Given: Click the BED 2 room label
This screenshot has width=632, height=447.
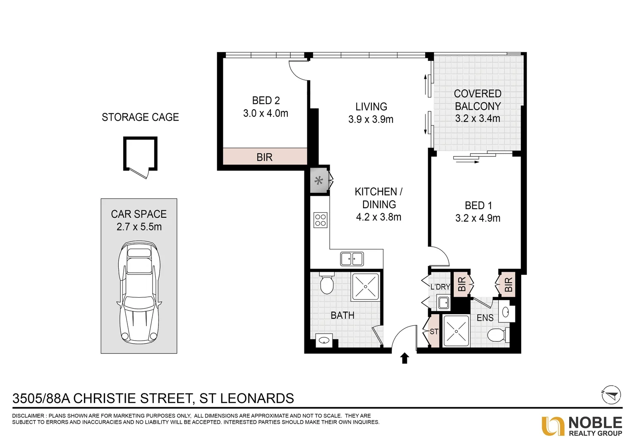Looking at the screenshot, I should pyautogui.click(x=266, y=101).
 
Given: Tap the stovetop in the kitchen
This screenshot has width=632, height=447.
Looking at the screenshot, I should pyautogui.click(x=321, y=220).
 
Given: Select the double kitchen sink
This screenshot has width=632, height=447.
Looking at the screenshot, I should pyautogui.click(x=352, y=259).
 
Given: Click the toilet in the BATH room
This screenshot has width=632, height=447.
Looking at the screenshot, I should pyautogui.click(x=326, y=283).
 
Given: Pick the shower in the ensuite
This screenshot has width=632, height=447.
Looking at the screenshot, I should pyautogui.click(x=456, y=331).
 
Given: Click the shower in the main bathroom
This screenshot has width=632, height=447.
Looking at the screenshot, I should pyautogui.click(x=365, y=286).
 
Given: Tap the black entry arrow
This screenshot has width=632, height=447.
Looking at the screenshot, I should pyautogui.click(x=405, y=358).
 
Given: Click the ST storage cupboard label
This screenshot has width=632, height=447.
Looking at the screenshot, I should pyautogui.click(x=434, y=332).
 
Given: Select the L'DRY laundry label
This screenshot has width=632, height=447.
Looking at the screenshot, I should pyautogui.click(x=440, y=287).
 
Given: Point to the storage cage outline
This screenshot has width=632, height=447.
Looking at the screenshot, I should pyautogui.click(x=140, y=154).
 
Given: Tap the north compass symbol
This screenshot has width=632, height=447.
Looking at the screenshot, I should pyautogui.click(x=611, y=395).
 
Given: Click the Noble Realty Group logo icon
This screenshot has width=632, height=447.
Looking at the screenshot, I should pyautogui.click(x=553, y=426).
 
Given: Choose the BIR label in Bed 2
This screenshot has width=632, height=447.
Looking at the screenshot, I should pyautogui.click(x=265, y=157).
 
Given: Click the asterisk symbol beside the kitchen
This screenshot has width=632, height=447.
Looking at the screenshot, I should pyautogui.click(x=319, y=180).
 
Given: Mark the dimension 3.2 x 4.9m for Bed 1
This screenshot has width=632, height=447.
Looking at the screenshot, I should pyautogui.click(x=478, y=218).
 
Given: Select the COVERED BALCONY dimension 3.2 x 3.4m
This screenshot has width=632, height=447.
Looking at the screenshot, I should pyautogui.click(x=478, y=119).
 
